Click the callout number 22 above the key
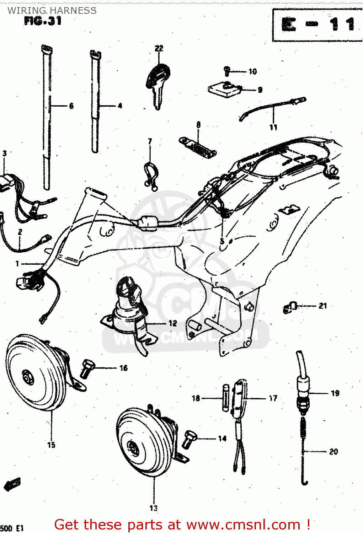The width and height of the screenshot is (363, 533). [x=159, y=48]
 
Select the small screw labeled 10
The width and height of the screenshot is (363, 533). [x=227, y=71]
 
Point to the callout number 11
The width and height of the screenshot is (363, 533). [x=273, y=127]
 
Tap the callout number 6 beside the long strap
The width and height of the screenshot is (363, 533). [x=71, y=106]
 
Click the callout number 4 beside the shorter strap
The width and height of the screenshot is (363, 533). [x=120, y=106]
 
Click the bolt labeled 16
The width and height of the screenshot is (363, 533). [x=87, y=368]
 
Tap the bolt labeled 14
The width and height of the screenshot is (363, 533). [x=188, y=439]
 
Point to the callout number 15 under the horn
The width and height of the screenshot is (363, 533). [x=51, y=445]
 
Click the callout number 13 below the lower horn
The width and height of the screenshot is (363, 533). [x=153, y=508]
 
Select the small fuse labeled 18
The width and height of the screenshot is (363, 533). [x=225, y=398]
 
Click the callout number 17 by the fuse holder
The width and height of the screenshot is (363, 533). [x=273, y=398]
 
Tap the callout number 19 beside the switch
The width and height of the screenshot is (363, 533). [x=335, y=393]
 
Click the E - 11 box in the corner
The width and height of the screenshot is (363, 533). [x=317, y=25]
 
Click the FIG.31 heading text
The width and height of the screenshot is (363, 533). [x=43, y=21]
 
